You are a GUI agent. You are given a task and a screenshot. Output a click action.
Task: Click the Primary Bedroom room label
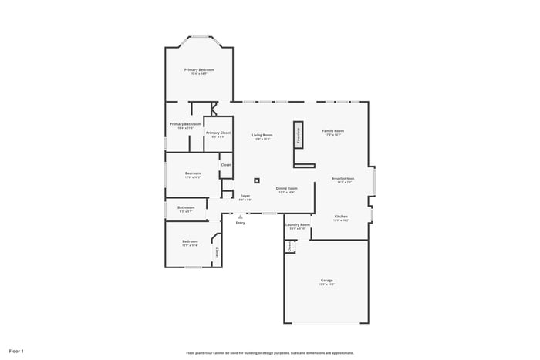click(x=199, y=70)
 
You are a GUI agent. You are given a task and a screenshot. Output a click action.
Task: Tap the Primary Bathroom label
click(x=186, y=125)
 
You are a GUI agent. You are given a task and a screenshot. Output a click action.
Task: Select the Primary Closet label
click(x=218, y=133)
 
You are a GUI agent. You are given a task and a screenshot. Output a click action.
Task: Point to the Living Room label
click(x=262, y=136)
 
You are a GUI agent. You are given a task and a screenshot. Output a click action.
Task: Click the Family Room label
click(x=332, y=132)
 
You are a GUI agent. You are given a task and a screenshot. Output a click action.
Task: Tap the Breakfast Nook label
click(x=343, y=179)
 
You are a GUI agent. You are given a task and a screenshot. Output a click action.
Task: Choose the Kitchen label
click(x=341, y=217)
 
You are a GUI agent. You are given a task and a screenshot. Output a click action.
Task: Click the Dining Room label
click(x=287, y=189)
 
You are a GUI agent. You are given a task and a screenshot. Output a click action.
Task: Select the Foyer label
click(x=245, y=197)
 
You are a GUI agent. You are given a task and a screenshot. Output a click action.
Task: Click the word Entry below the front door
click(x=241, y=224)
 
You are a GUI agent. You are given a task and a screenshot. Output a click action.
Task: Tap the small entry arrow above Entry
click(x=241, y=217)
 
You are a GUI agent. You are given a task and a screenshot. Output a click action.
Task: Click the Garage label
click(x=327, y=281)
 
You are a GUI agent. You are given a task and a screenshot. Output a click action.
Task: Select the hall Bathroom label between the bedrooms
click(x=186, y=207)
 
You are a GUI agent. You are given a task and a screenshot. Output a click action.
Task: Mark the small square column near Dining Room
click(x=257, y=180)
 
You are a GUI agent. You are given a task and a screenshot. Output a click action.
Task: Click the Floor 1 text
click(x=16, y=352)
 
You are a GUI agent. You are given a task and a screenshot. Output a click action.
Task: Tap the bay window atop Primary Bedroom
click(x=199, y=37)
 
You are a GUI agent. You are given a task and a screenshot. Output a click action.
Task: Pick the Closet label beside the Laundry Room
click(x=290, y=246)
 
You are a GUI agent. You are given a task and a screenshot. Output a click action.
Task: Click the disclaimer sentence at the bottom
click(x=270, y=352)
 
